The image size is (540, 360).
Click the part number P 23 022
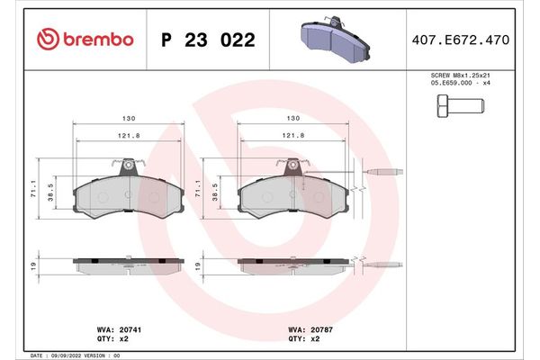point(207,40)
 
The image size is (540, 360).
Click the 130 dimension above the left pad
point(129,118)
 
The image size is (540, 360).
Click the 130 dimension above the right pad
point(292,118)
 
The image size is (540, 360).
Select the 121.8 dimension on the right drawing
point(292,136)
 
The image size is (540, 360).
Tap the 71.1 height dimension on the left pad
point(34,189)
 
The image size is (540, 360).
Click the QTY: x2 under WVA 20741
point(108,341)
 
